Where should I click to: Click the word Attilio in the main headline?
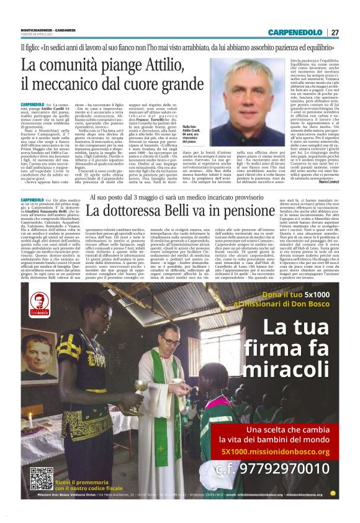(155, 65)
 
